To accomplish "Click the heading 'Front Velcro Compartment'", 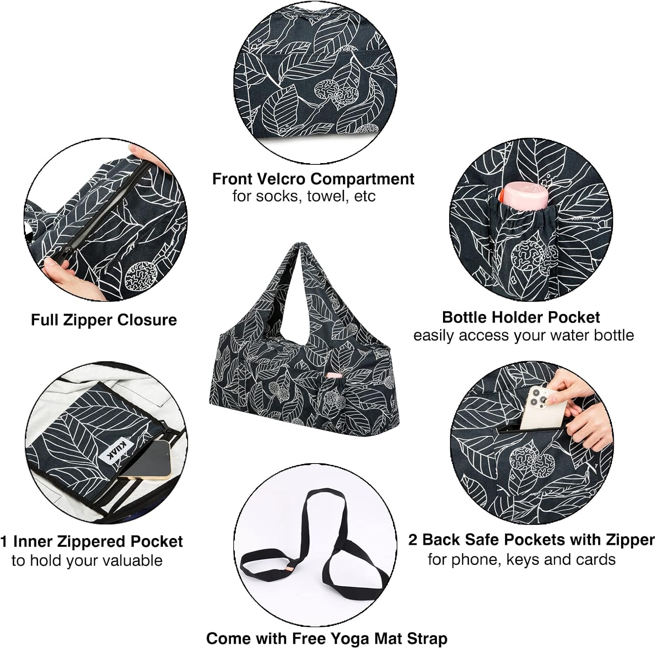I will point(313,179).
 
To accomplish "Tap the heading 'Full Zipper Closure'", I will point(104,320).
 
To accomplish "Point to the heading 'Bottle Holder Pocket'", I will point(521,317).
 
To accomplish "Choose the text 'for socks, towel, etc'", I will point(304,196).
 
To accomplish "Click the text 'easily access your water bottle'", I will point(523,335).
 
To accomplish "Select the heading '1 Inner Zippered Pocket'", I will point(91,541).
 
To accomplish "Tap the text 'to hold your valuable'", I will point(87,560).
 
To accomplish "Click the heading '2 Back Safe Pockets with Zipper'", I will point(531,540).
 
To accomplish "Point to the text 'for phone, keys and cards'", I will point(521,559).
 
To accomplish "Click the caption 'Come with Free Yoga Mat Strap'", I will point(327,638).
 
